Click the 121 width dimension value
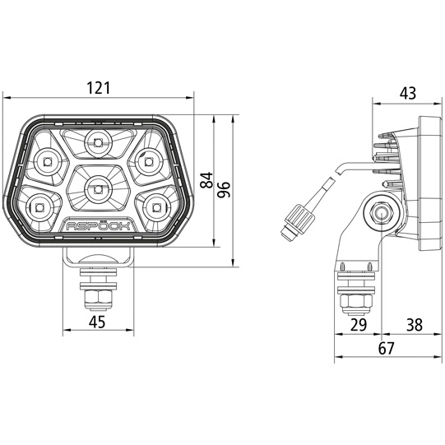tap(98, 88)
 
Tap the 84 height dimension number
tap(206, 180)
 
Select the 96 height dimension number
tap(224, 189)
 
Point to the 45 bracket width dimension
tap(97, 322)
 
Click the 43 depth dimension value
tap(408, 93)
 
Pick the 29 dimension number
tap(359, 325)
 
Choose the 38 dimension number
tap(415, 325)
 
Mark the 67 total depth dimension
tap(387, 348)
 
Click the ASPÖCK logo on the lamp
tap(98, 226)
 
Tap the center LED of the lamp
tap(98, 188)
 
